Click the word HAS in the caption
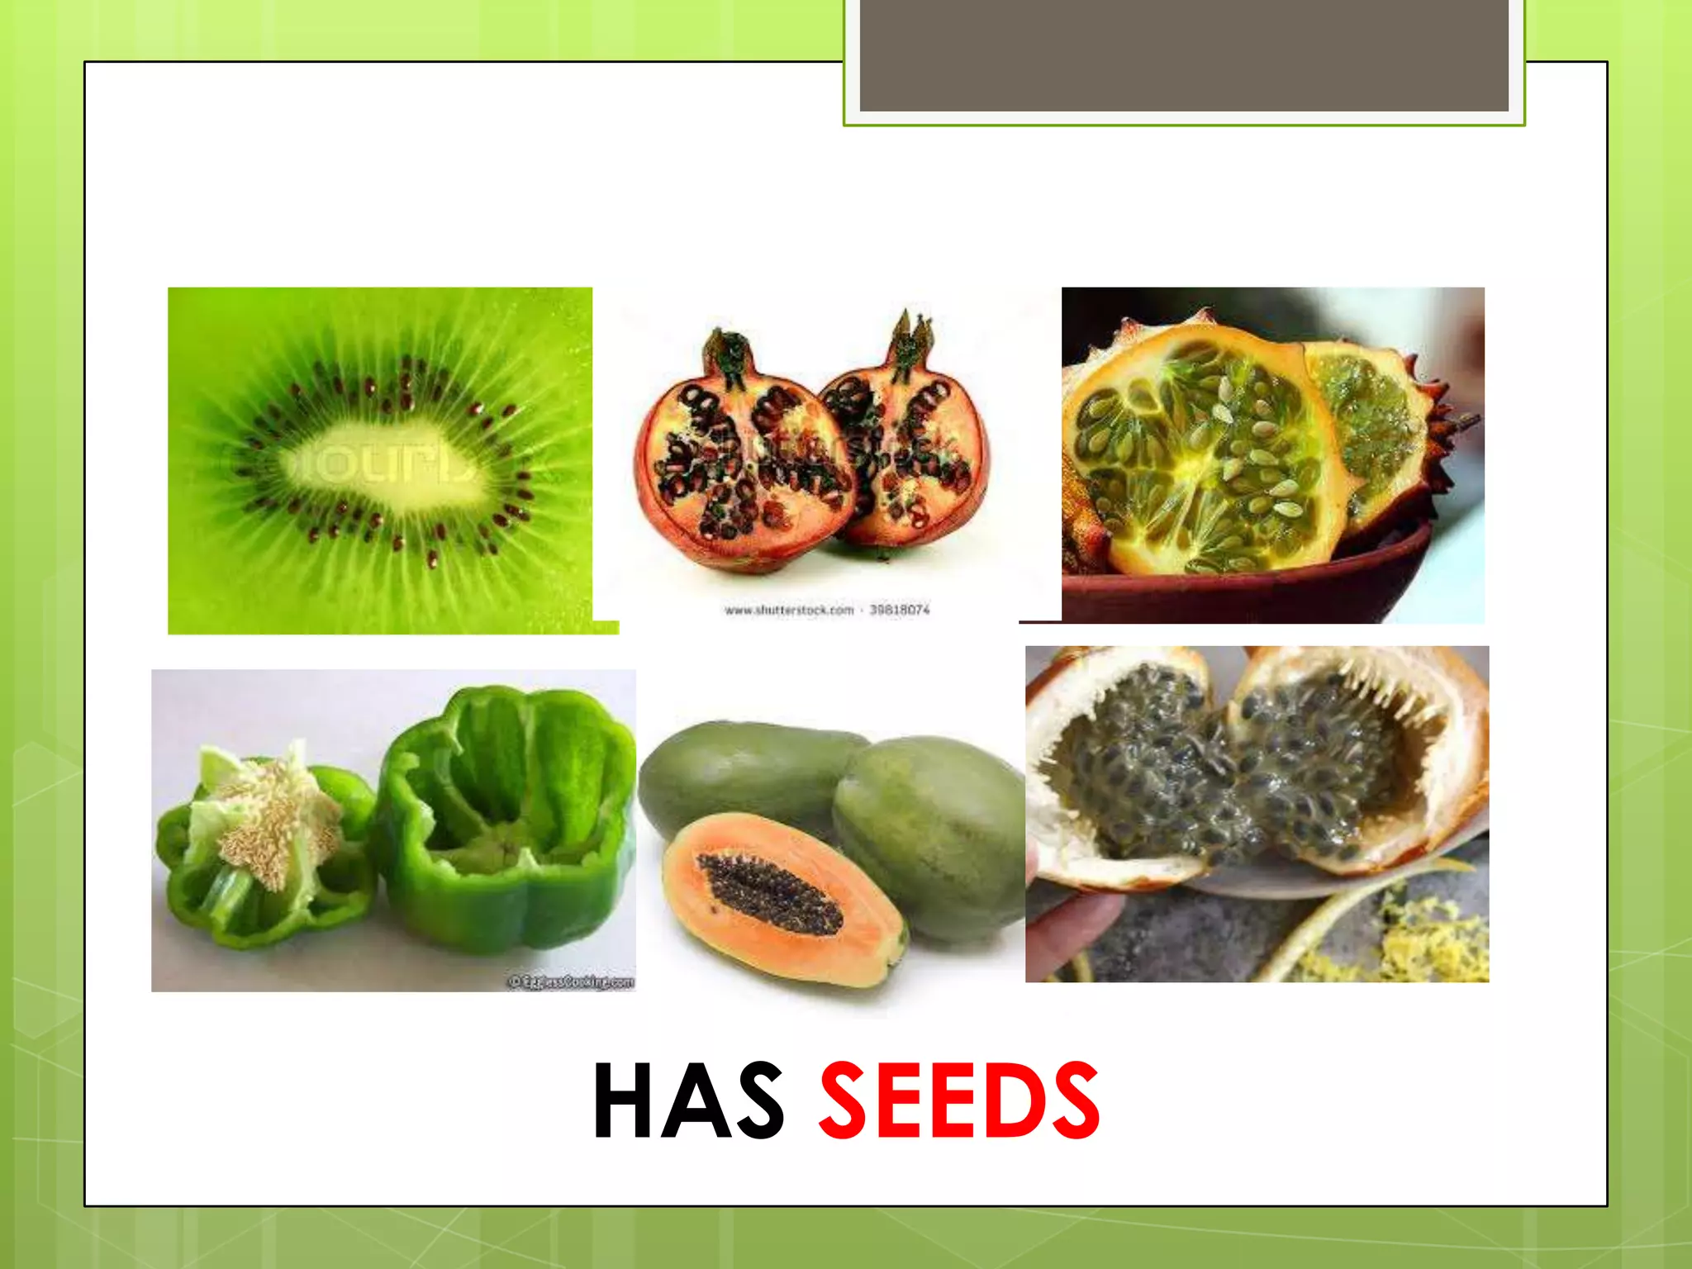point(687,1100)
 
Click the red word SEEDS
point(958,1100)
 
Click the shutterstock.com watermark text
point(789,611)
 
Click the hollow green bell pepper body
point(504,818)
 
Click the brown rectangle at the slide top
point(1183,55)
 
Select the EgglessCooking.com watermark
point(570,981)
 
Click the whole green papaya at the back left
point(744,768)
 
